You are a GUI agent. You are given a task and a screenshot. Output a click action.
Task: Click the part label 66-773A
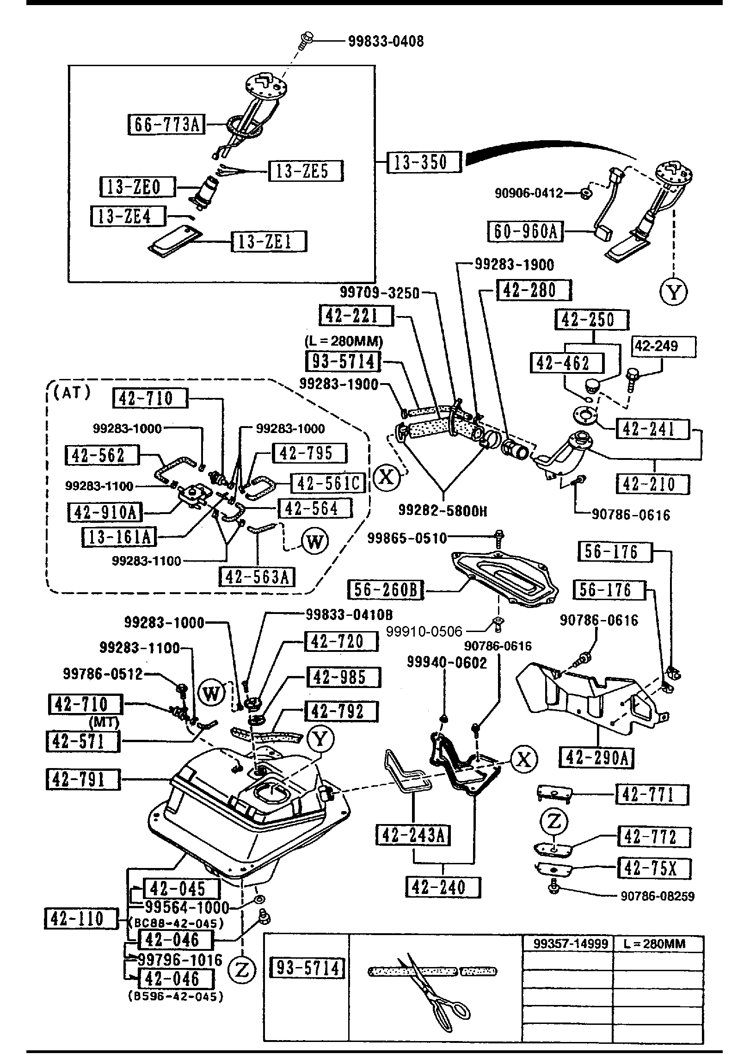click(x=166, y=124)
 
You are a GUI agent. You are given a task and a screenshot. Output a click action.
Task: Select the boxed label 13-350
click(x=424, y=162)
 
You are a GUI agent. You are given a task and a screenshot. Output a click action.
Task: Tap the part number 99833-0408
click(x=386, y=42)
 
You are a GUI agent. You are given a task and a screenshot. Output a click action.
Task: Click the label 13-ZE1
click(x=269, y=242)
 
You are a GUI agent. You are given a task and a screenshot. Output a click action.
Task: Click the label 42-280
click(x=534, y=291)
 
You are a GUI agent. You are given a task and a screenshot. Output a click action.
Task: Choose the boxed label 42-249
click(x=664, y=347)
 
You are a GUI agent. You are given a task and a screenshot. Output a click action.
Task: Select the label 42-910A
click(x=105, y=512)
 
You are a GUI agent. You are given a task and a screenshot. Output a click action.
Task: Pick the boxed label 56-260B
click(x=386, y=590)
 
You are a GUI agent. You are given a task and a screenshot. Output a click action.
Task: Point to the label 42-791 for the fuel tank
click(x=83, y=780)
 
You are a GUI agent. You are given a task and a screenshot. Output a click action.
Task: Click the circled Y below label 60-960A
click(x=673, y=292)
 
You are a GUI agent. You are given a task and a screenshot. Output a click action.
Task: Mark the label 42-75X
click(x=654, y=868)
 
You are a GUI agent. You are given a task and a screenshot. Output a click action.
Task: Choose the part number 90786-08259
click(x=657, y=896)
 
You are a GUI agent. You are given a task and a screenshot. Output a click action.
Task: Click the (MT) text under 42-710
click(x=104, y=722)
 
